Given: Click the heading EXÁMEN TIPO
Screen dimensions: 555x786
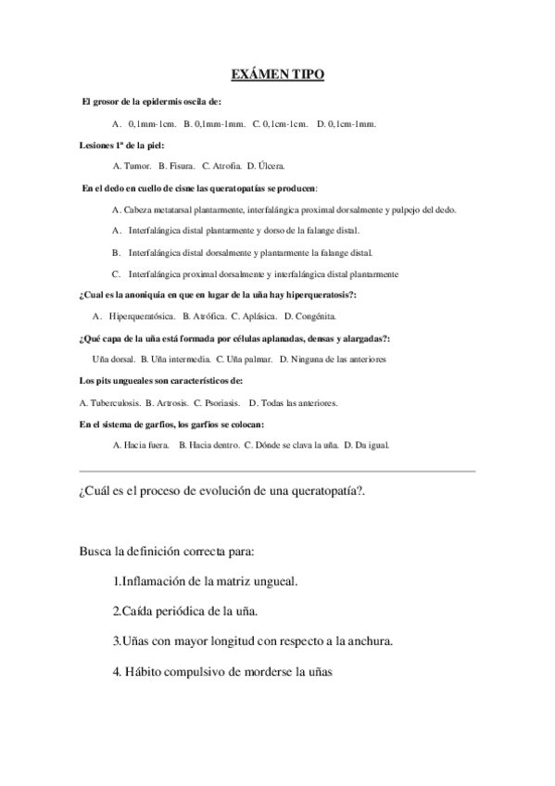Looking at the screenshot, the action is (x=277, y=74).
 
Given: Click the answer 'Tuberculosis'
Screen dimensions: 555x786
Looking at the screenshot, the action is (x=116, y=403).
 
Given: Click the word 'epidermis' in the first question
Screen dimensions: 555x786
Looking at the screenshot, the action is (x=164, y=101).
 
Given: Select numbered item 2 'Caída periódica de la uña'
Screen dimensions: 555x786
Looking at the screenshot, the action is (x=185, y=611).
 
